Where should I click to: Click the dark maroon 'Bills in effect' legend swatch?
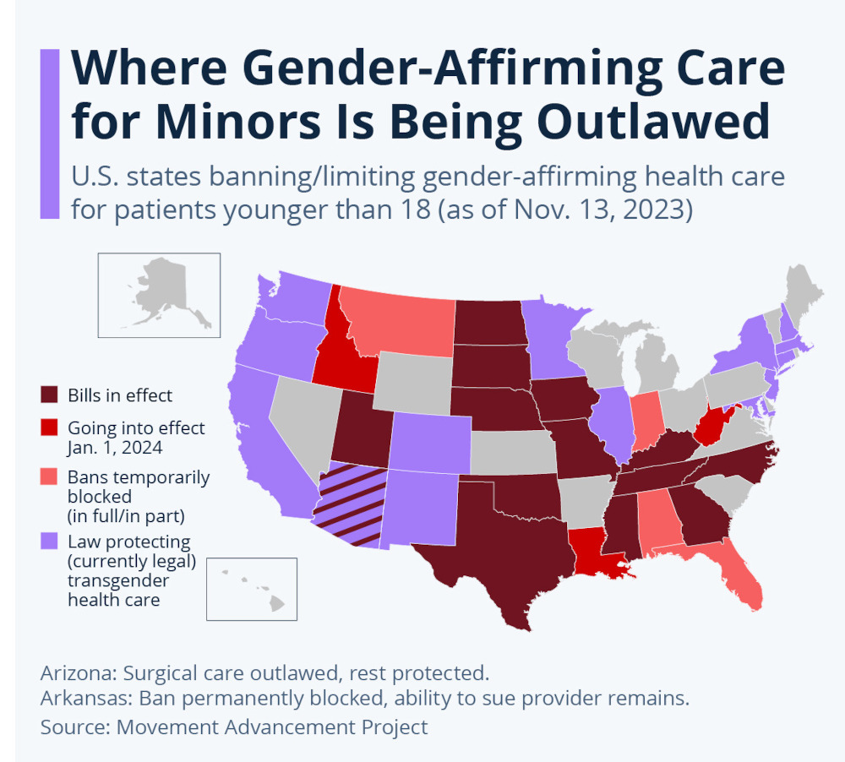[x=49, y=395]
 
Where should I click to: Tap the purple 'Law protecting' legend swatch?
[x=49, y=541]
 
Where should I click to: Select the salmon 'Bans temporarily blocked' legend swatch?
[x=49, y=476]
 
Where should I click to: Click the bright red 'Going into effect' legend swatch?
[x=49, y=427]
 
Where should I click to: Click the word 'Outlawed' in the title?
[x=653, y=122]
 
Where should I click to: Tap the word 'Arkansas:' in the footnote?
[x=87, y=699]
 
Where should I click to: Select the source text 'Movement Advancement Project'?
[x=272, y=727]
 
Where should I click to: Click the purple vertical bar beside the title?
[x=50, y=133]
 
